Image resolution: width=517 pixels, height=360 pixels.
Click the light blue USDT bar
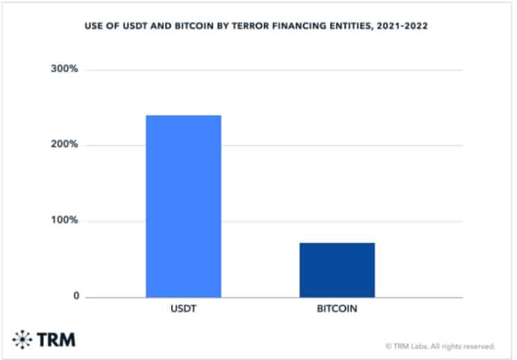click(183, 206)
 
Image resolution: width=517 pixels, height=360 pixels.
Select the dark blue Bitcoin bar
click(337, 270)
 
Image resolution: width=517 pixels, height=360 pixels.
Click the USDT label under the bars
click(183, 309)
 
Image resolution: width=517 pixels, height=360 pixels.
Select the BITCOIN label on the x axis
click(337, 309)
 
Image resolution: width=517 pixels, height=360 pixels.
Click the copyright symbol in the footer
click(388, 345)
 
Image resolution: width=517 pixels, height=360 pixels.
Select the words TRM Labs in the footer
click(410, 345)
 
